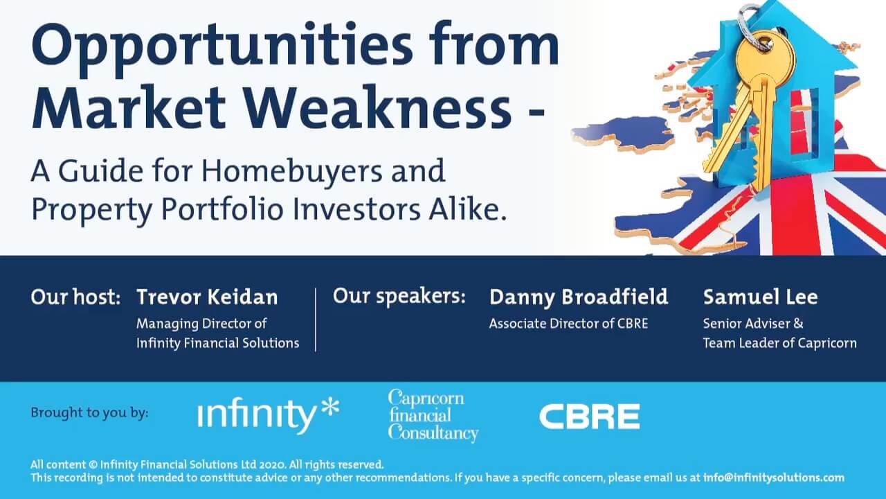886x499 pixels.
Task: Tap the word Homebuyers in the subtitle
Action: click(292, 172)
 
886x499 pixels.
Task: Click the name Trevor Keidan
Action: click(207, 297)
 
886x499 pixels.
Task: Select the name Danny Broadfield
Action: click(579, 298)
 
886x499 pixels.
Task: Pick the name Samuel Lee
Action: click(760, 297)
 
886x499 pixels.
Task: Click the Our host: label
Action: click(75, 297)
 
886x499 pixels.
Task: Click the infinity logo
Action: click(268, 415)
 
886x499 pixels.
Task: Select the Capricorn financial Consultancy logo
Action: click(433, 415)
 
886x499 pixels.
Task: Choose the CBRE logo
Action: click(589, 417)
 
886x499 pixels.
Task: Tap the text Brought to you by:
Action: click(90, 413)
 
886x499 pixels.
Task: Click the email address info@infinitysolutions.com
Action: click(774, 478)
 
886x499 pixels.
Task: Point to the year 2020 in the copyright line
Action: click(273, 464)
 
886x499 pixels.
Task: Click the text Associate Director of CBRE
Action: click(568, 324)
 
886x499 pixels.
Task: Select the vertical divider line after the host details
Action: click(316, 320)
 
